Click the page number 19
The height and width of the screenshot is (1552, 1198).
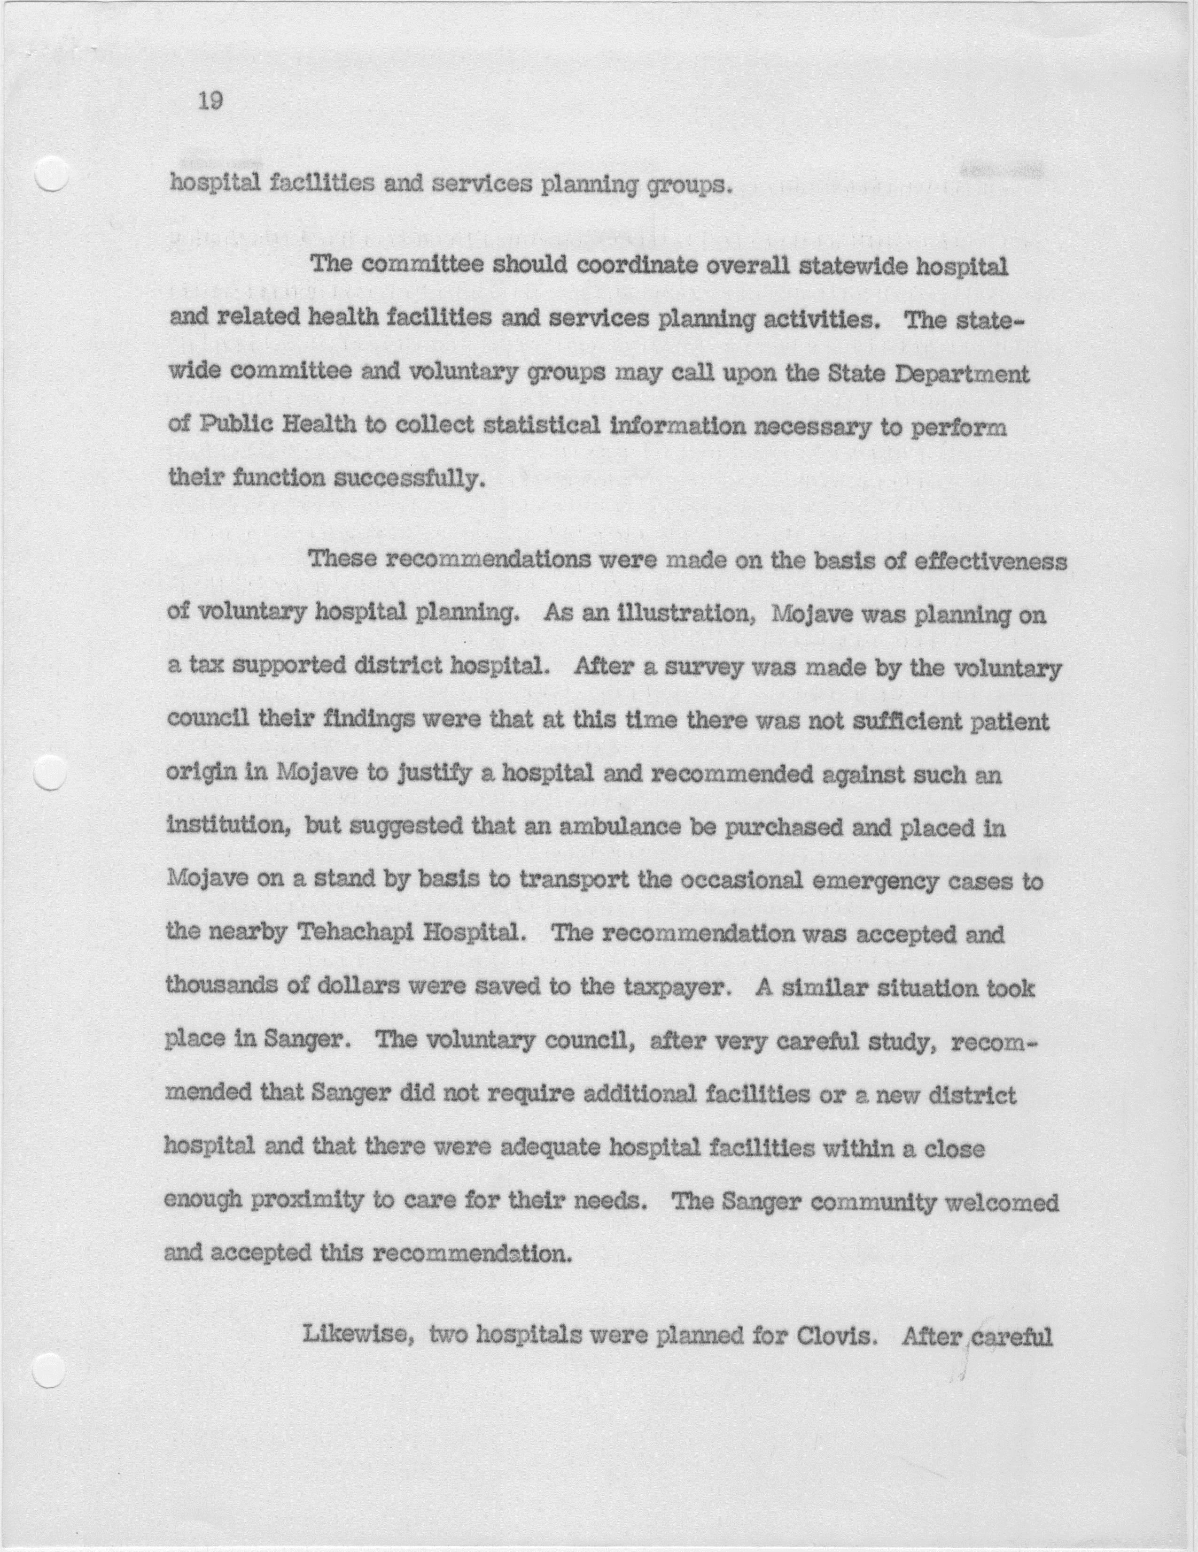pyautogui.click(x=210, y=101)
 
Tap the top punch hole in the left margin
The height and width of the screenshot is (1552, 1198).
pyautogui.click(x=51, y=173)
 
